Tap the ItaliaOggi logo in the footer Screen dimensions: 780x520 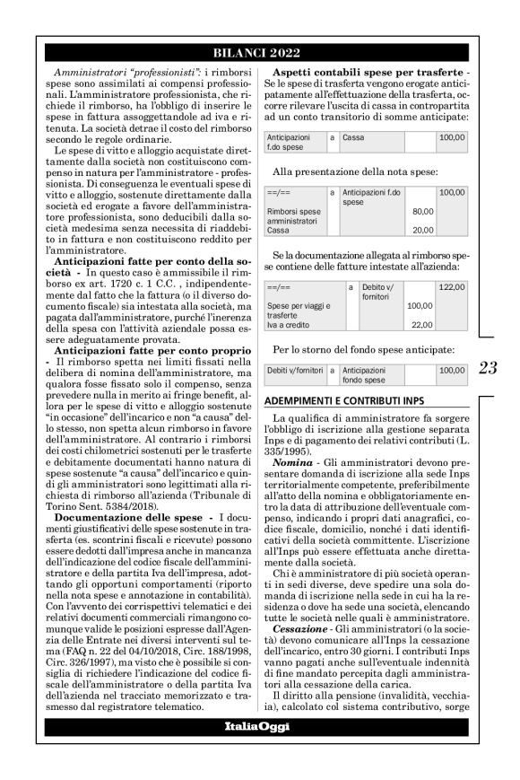[x=260, y=725]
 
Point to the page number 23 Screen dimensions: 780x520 [x=490, y=367]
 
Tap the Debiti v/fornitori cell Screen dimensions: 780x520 [x=295, y=369]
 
